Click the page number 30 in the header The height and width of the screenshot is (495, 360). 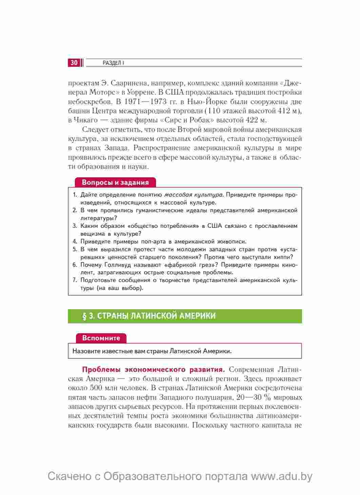coord(74,63)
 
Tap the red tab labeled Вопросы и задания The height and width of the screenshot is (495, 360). coord(115,182)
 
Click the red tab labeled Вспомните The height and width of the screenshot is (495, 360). coord(101,338)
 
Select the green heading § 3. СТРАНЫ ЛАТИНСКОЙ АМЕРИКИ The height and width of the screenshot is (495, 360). coord(149,316)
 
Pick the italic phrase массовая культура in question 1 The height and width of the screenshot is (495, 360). coord(194,195)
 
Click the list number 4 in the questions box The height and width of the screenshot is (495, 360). coord(75,242)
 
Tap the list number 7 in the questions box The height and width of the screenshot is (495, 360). coord(75,280)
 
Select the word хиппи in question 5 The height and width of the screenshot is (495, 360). coord(285,257)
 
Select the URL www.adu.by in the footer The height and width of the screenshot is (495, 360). coord(281,476)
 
